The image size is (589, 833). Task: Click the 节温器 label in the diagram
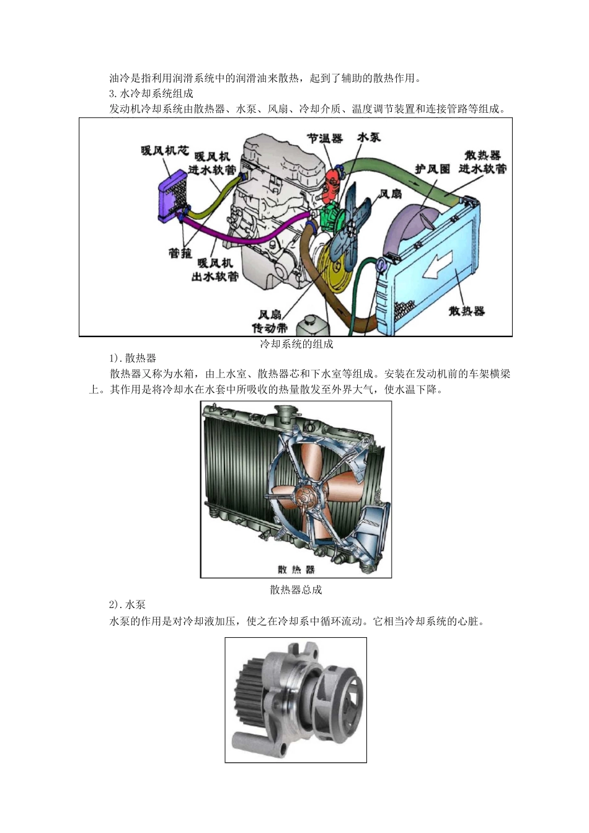click(325, 138)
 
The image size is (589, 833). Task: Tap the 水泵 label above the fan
click(369, 137)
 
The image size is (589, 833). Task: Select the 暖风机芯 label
click(164, 151)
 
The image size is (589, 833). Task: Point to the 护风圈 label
click(432, 169)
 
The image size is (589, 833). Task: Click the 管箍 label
click(180, 253)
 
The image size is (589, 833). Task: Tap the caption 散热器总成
click(296, 589)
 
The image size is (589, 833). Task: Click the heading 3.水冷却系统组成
click(151, 94)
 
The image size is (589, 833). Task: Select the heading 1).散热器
click(133, 358)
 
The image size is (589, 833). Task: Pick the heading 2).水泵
click(128, 605)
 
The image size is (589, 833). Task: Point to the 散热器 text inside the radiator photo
click(296, 569)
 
